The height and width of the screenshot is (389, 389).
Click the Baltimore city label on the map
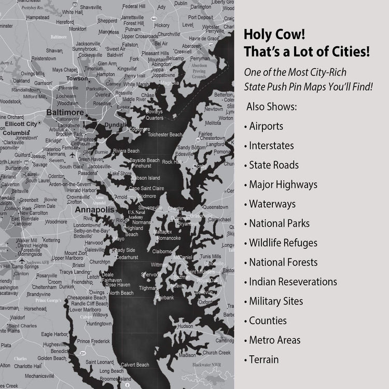(x=65, y=112)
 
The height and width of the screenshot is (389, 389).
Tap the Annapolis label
(x=94, y=210)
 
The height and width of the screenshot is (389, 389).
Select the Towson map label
(x=77, y=78)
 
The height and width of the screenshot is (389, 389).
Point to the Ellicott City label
(x=21, y=124)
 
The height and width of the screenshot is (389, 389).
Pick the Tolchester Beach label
(x=165, y=135)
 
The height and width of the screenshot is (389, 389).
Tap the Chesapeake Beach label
(x=87, y=298)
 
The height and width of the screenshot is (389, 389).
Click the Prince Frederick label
(x=93, y=341)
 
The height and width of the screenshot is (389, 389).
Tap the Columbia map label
(x=16, y=133)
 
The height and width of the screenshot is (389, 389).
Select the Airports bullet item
(x=266, y=126)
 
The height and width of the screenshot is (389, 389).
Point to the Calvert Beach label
(x=135, y=365)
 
